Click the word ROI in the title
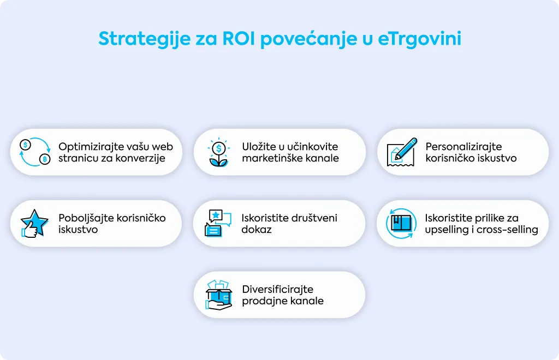tap(239, 39)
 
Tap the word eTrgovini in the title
tap(419, 39)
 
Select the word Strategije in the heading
tap(144, 39)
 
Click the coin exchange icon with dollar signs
tap(35, 152)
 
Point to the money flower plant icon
tap(218, 152)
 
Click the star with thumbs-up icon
tap(34, 223)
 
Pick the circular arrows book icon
tap(401, 223)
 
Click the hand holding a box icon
tap(219, 295)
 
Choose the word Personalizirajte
tap(463, 147)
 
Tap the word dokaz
tap(257, 229)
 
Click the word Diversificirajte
tap(277, 290)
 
